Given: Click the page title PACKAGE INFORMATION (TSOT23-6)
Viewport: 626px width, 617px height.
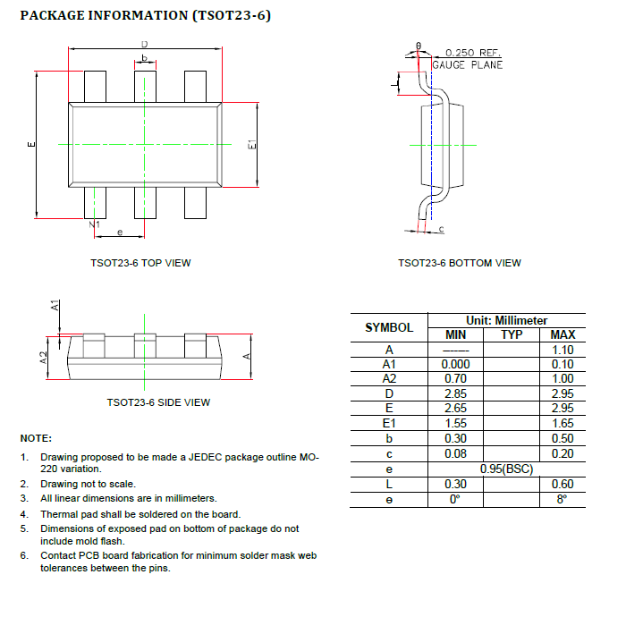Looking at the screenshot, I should point(145,16).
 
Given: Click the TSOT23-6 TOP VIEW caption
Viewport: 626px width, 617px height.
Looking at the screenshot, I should point(140,263).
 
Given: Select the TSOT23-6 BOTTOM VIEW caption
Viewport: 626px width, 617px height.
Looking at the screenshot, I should point(460,263).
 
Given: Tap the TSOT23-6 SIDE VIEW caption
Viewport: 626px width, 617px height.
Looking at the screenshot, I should point(158,402).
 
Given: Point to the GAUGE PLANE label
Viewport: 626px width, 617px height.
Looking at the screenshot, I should point(468,64).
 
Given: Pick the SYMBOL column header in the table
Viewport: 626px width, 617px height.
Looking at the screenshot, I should point(389,328).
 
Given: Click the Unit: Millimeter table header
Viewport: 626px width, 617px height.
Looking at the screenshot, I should point(506,320).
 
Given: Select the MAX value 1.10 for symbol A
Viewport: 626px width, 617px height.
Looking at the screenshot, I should point(563,350).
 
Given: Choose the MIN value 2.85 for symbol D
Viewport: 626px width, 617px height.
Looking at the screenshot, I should point(456,393).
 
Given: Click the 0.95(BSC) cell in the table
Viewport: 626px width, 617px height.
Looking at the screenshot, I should point(506,469).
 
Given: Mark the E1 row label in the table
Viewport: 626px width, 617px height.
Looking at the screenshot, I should point(389,423).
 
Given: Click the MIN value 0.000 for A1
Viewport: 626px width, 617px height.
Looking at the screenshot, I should point(456,364).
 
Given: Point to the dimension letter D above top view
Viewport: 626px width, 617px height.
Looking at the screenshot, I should point(144,45).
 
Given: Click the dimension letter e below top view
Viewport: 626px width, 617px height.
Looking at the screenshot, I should point(120,231).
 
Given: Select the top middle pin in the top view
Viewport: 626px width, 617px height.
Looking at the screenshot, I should point(145,86).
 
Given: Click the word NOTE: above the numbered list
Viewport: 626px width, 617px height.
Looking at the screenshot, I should point(36,438).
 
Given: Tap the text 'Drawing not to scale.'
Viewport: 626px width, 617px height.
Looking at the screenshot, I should point(88,484).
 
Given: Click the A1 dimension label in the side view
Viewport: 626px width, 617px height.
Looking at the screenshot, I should point(55,306).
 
